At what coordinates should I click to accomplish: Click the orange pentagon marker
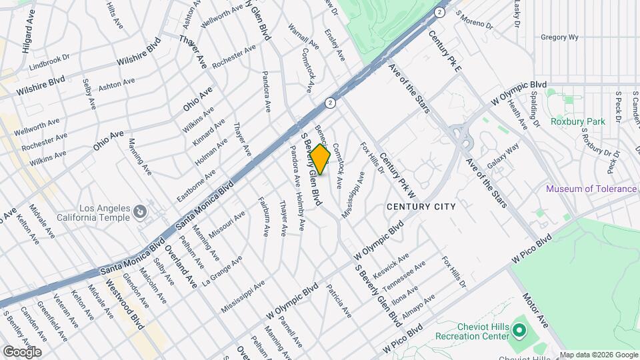(320, 159)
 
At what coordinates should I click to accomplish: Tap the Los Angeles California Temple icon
(140, 212)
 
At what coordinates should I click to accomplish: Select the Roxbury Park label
(577, 121)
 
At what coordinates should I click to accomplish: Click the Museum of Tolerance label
(591, 189)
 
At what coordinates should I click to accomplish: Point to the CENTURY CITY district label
(421, 207)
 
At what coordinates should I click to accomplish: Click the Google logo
(22, 351)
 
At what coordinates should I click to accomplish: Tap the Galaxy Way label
(503, 157)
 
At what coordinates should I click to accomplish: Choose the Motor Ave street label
(535, 309)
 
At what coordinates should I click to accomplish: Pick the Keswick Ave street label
(391, 265)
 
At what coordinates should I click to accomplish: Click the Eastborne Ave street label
(196, 186)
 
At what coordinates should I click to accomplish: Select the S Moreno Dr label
(473, 21)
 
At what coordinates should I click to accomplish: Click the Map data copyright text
(598, 355)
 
